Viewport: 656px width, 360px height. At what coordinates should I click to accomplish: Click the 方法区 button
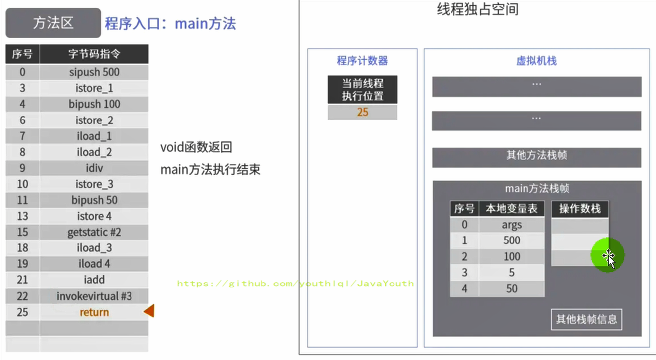(53, 23)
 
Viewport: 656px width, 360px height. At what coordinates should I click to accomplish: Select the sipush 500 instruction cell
(94, 72)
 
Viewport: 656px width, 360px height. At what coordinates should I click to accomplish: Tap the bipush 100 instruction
(94, 104)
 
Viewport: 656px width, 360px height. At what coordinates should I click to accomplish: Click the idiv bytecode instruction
(94, 168)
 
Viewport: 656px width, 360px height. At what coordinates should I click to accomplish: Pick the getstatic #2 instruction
(94, 232)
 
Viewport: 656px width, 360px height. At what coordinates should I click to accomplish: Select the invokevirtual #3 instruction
(94, 296)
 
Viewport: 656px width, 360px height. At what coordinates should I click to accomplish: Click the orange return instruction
(94, 312)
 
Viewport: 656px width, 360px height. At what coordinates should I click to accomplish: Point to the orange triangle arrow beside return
(149, 311)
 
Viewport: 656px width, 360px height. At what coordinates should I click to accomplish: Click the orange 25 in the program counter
(363, 112)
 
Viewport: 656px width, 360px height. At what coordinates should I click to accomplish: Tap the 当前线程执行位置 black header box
(363, 90)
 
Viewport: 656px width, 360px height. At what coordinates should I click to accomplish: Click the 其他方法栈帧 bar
(536, 158)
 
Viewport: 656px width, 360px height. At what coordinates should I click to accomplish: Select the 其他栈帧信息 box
(586, 319)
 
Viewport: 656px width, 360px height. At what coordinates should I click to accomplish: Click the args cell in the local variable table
(512, 225)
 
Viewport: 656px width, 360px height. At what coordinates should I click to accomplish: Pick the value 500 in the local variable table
(512, 240)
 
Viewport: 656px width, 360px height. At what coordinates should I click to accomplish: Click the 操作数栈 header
(580, 209)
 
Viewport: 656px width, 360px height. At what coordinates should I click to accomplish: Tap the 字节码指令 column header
(94, 54)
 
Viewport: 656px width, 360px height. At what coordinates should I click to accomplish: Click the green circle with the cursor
(607, 255)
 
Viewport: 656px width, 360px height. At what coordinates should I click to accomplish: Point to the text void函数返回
(196, 147)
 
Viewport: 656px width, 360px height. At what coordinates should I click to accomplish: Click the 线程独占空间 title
(478, 9)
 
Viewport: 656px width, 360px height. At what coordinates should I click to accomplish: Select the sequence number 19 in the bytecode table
(22, 264)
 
